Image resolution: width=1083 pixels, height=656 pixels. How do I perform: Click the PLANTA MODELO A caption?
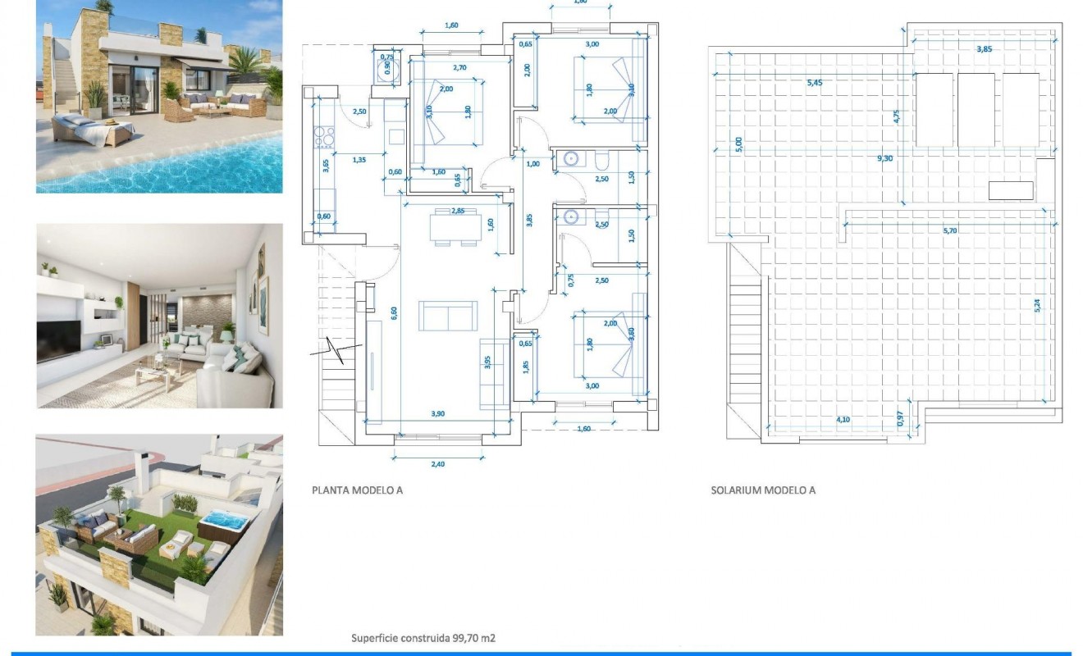(x=357, y=490)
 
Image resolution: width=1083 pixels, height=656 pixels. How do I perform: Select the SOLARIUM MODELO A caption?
(x=762, y=490)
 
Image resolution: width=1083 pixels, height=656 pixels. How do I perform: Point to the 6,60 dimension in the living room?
(x=393, y=311)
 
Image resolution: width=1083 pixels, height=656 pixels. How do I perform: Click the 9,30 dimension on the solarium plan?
(x=884, y=157)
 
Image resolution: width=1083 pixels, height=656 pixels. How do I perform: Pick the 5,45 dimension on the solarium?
(x=814, y=82)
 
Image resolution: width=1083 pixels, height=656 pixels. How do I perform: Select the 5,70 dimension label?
(x=950, y=231)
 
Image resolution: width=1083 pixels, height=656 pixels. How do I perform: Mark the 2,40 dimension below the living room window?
(x=437, y=464)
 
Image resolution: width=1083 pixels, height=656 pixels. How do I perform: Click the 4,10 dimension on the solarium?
(x=843, y=419)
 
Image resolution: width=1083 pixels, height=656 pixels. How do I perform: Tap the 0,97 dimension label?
(x=901, y=417)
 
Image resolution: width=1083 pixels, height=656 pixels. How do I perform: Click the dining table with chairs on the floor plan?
(x=447, y=228)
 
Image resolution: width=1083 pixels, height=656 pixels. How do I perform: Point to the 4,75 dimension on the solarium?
(x=897, y=116)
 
